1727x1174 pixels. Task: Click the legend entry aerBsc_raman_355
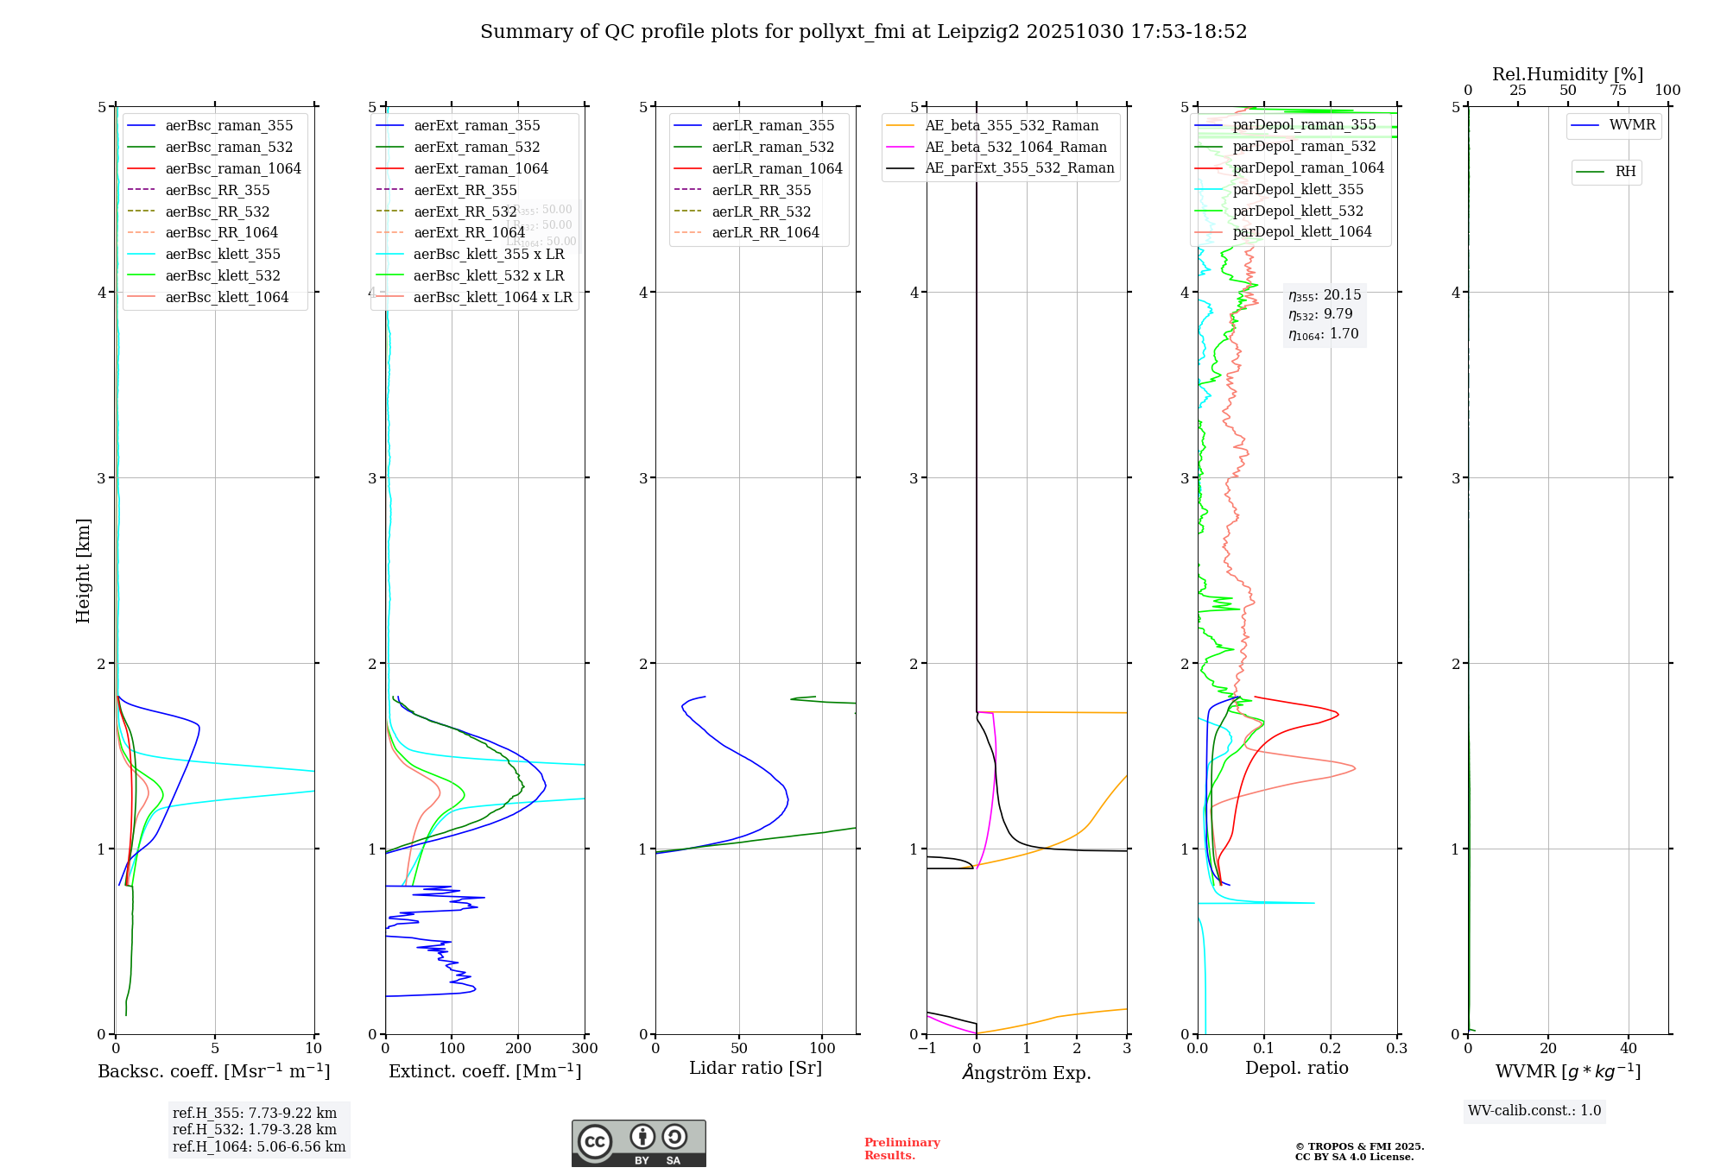[229, 126]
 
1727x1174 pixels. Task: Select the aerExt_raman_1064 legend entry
[480, 169]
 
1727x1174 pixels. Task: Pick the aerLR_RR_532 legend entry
[761, 211]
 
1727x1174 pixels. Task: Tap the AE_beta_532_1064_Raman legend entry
[1015, 147]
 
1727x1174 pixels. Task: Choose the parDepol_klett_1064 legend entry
[1301, 232]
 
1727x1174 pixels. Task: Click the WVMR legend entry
[1631, 125]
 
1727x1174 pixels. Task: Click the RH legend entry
[1624, 172]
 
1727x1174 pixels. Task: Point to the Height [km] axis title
[83, 571]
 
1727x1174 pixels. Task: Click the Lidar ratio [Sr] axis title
[756, 1069]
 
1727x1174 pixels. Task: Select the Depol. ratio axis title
[1296, 1069]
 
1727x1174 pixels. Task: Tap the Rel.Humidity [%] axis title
[1567, 74]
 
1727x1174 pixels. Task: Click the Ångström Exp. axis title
[1027, 1072]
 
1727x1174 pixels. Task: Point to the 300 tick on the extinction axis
[585, 1049]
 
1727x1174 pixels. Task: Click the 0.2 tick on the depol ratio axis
[1331, 1049]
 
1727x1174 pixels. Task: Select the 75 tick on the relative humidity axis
[1617, 91]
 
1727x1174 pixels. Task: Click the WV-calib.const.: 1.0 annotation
[1534, 1111]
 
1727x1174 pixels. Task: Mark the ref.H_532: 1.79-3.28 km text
[255, 1130]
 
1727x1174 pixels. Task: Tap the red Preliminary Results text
[901, 1149]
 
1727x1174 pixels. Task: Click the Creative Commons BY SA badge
[638, 1144]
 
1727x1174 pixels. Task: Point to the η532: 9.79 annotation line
[1320, 314]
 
